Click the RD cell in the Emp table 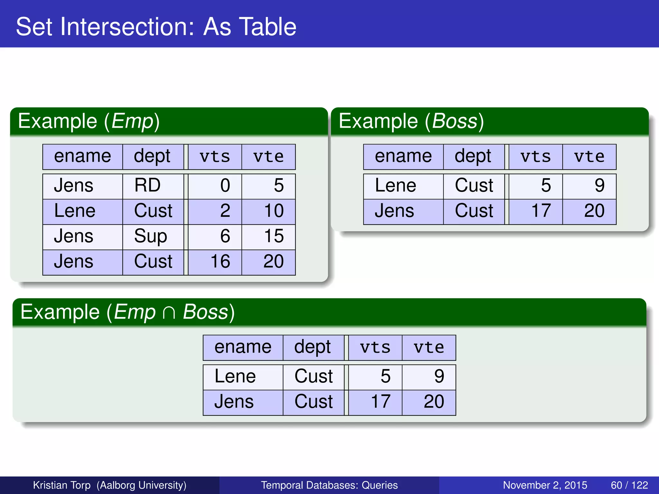click(147, 186)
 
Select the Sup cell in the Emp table click(150, 236)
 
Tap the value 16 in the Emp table click(220, 261)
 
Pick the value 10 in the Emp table click(274, 211)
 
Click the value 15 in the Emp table click(274, 236)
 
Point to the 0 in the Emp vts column click(225, 186)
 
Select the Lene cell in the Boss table click(395, 186)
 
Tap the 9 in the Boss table click(599, 186)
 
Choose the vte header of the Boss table click(589, 157)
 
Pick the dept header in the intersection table click(312, 347)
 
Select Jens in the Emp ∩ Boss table click(234, 402)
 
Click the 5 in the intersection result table click(385, 376)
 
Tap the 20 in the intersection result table click(433, 402)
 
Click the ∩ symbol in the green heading click(169, 313)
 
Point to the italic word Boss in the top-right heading click(454, 121)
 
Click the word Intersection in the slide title click(128, 27)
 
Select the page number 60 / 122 click(629, 485)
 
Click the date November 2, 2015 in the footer click(545, 485)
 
